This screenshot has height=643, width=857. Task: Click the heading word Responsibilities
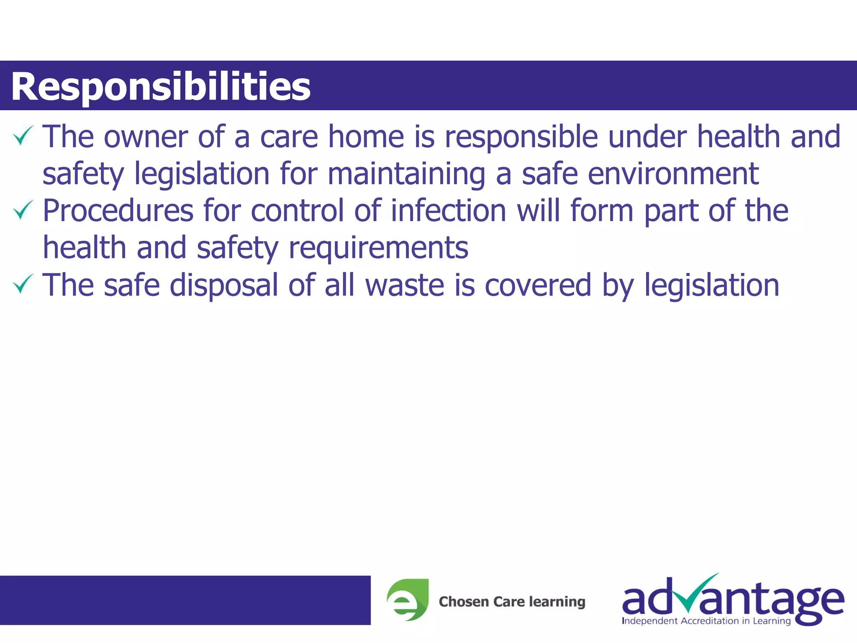161,87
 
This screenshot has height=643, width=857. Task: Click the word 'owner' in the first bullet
146,137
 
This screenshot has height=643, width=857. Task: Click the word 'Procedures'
118,211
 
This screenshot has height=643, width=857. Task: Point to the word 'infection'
449,211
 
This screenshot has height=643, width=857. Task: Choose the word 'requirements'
378,248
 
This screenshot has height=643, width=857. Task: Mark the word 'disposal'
224,285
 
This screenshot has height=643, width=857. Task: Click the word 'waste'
405,285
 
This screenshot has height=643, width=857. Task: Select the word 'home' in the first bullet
366,137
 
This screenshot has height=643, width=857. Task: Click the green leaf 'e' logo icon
408,599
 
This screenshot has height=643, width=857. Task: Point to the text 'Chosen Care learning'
512,602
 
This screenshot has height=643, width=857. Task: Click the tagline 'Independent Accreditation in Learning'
706,621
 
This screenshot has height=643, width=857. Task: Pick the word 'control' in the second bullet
298,211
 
